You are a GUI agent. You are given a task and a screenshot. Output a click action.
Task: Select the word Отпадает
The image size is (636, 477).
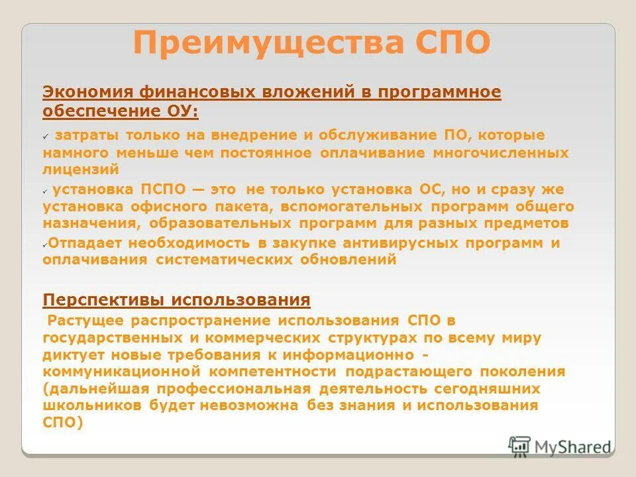[x=85, y=242]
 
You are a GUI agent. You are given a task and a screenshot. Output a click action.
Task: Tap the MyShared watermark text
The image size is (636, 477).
[x=572, y=447]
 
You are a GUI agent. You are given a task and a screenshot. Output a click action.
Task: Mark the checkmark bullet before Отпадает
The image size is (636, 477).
[x=45, y=244]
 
